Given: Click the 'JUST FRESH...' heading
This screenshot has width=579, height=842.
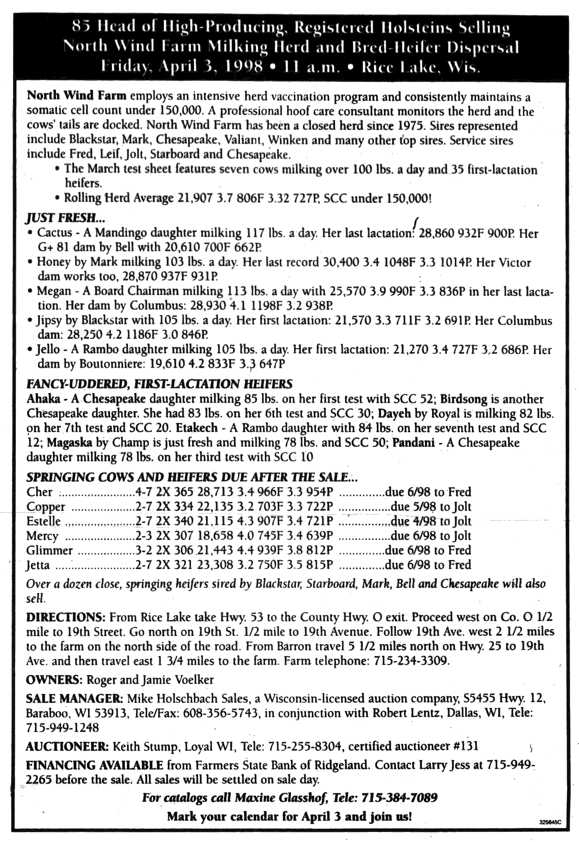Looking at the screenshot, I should pos(61,216).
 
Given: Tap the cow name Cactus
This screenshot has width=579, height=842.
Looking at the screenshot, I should pos(55,233).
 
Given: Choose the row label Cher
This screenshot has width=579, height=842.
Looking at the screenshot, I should pos(39,492).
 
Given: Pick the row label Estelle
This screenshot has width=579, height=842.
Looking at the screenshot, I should pos(43,521).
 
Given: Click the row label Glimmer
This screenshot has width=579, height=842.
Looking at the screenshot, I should pos(49,550).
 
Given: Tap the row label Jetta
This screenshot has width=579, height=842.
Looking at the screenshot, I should pos(38,565).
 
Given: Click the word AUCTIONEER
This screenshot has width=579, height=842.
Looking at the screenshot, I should pos(67,746).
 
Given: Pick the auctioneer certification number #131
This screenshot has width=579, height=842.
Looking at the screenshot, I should pos(466,746).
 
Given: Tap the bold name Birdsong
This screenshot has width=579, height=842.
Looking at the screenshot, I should pos(464,399).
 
